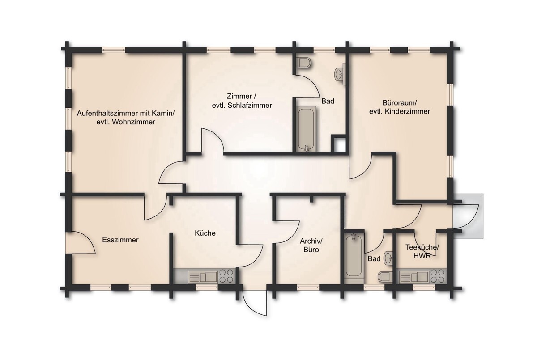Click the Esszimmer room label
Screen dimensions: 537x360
(120, 240)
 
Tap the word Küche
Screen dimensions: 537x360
(205, 233)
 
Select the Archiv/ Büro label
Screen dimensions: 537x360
(311, 245)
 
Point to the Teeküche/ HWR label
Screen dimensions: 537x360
(422, 251)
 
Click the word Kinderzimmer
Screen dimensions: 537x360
(412, 111)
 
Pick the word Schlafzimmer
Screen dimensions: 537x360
(250, 105)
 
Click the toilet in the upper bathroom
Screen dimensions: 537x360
(303, 63)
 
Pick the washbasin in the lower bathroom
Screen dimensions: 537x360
(388, 258)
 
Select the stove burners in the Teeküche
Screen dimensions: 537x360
(437, 275)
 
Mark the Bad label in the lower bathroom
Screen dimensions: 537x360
(374, 258)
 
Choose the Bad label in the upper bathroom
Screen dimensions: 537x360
(328, 101)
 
